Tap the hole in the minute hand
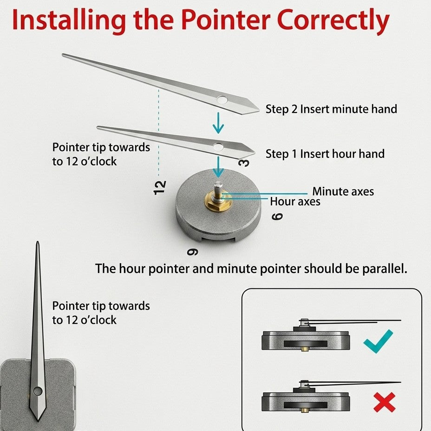coord(222,99)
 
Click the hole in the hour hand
coord(218,147)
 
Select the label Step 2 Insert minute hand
coord(331,109)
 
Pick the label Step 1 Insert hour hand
coord(325,154)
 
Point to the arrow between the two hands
coord(218,123)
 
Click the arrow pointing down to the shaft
coord(218,167)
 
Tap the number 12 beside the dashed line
coord(160,188)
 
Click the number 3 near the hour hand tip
coord(244,163)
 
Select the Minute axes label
coord(343,191)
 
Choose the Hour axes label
coord(295,202)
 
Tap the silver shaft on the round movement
coord(219,188)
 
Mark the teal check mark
coord(378,341)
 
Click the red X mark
coord(385,402)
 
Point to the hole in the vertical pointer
coord(37,391)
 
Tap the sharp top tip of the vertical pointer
coord(38,242)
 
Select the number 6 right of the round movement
coord(277,216)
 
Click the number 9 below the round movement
coord(192,252)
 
